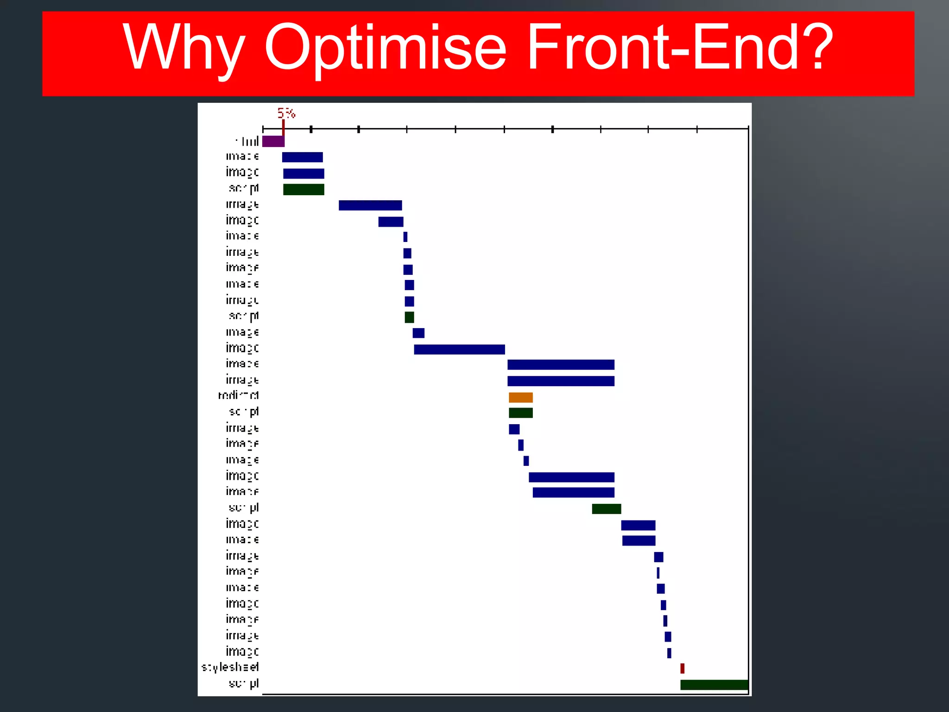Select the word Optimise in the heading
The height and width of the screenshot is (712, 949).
[386, 49]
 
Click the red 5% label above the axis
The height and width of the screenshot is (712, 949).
[286, 113]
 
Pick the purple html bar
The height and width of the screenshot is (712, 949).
[273, 141]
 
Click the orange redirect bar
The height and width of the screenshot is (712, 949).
[520, 397]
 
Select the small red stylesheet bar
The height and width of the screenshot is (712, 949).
[682, 668]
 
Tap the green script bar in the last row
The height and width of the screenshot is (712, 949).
[714, 685]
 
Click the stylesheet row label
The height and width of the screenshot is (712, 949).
[230, 667]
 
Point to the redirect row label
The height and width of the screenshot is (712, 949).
[238, 395]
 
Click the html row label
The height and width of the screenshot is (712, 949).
[247, 141]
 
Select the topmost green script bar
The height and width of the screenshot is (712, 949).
[304, 190]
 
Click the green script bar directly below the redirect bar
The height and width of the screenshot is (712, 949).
[520, 413]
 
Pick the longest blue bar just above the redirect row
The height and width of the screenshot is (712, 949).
[561, 381]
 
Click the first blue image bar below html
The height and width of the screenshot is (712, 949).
[302, 157]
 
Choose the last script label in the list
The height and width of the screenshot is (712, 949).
[244, 683]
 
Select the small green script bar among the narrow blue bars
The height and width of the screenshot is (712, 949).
[409, 317]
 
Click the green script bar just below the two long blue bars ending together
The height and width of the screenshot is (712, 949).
[606, 509]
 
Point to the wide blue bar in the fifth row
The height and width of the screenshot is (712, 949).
[370, 205]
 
